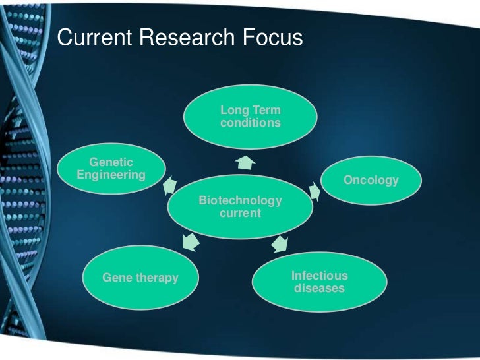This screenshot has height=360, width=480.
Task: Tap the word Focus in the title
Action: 270,38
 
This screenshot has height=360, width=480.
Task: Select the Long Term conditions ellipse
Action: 250,117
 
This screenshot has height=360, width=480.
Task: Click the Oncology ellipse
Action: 371,180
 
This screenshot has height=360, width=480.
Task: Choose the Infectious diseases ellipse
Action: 319,282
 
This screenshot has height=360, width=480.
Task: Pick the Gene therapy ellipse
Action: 140,278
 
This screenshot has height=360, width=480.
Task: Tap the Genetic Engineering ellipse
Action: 111,169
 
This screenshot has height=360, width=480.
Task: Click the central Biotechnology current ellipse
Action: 240,207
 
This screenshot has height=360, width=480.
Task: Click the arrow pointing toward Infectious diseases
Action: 280,245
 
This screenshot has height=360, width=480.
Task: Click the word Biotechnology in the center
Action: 240,200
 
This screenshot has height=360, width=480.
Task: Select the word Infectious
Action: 319,276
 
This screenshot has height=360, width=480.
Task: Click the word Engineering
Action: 111,175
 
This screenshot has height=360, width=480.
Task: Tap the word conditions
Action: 250,123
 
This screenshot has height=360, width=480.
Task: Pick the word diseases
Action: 319,289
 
